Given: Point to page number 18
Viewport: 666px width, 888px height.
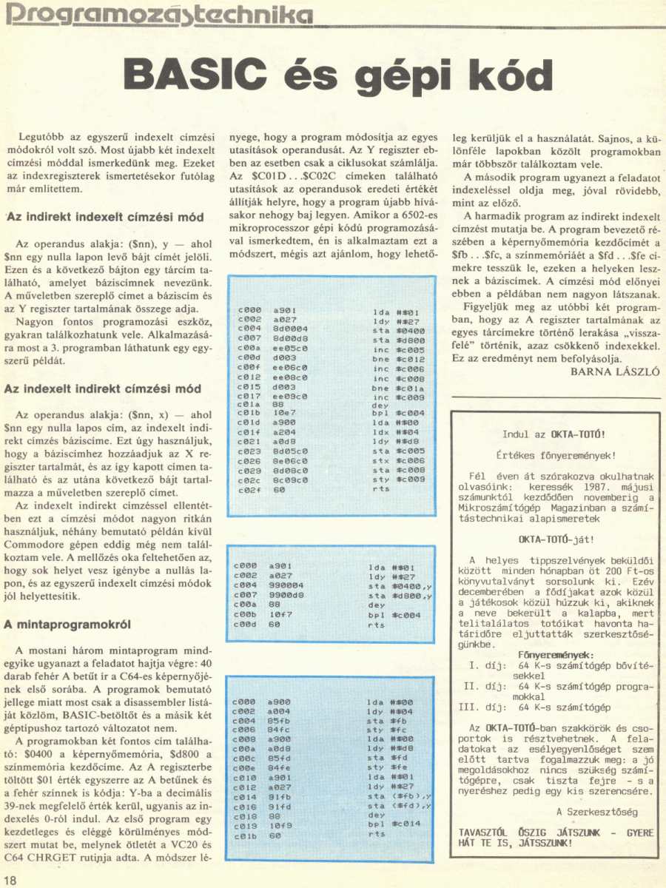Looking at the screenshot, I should coord(10,879).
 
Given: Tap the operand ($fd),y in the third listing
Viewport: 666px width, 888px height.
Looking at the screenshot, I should coord(414,805).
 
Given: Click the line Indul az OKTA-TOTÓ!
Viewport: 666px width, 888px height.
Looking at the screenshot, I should coord(554,434).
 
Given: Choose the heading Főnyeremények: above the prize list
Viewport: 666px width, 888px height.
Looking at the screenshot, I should coord(556,655).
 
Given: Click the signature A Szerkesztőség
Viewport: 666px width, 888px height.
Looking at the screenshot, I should coord(596,812).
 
